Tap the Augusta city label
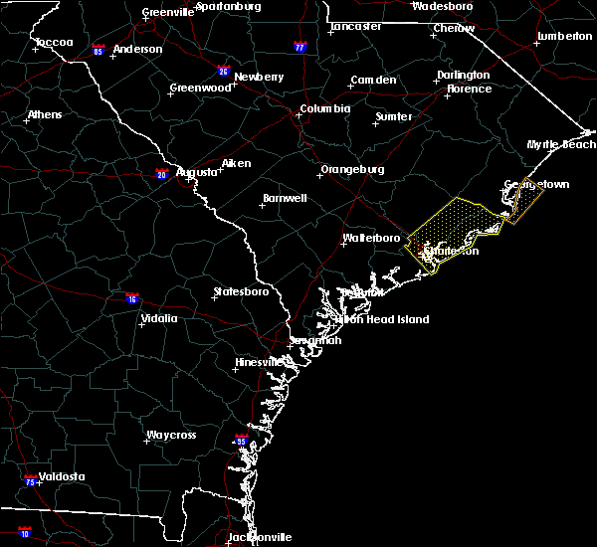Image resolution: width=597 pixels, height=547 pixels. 196,172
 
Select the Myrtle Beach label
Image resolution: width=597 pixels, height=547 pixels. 561,144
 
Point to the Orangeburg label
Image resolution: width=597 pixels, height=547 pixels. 351,169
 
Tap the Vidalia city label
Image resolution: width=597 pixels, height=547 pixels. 158,318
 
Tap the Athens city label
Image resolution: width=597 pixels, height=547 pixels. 44,114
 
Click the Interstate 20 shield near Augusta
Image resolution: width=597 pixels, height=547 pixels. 161,175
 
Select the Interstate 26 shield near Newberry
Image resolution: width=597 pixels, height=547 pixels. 224,71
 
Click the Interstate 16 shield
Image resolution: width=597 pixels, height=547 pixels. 132,298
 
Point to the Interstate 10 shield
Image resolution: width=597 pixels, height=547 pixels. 24,533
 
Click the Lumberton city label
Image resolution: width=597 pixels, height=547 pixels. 564,36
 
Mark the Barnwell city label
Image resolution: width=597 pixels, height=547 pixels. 284,198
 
